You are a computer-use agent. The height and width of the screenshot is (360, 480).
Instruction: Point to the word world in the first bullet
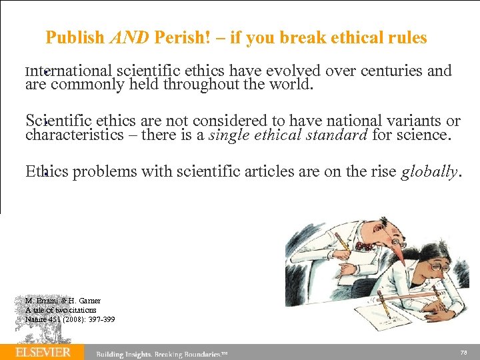pos(289,85)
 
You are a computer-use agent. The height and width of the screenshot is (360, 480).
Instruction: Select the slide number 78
pos(464,352)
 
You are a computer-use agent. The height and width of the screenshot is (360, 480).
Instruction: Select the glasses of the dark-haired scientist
pos(437,265)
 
